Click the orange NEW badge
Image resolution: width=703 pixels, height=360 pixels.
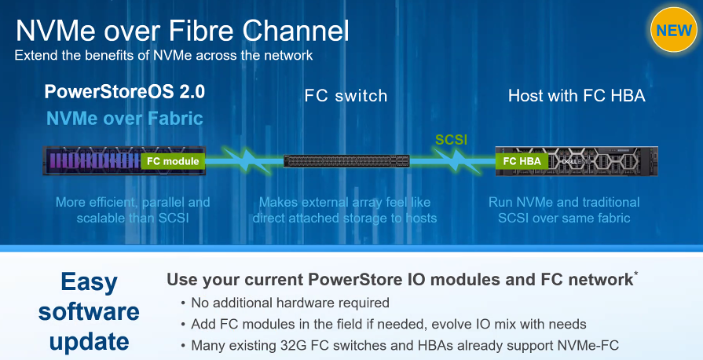(x=673, y=31)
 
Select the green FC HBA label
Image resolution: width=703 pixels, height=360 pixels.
(x=522, y=161)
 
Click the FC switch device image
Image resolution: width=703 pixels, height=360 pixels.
(x=346, y=161)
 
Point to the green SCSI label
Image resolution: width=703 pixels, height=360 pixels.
(x=451, y=140)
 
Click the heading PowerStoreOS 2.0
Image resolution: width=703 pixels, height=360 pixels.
(x=125, y=91)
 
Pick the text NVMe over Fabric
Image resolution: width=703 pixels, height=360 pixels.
(x=125, y=119)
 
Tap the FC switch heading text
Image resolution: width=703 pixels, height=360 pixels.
(x=346, y=96)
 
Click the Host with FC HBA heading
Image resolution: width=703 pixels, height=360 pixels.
(x=577, y=96)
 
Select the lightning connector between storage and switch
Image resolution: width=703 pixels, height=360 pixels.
(x=244, y=161)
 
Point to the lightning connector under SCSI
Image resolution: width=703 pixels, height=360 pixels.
(x=452, y=161)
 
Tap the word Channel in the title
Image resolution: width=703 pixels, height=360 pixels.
(x=296, y=31)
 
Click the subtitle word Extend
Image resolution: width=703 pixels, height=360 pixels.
(x=36, y=55)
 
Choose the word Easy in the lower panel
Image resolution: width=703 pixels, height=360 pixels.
(x=90, y=282)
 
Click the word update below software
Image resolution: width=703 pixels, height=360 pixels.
(x=90, y=343)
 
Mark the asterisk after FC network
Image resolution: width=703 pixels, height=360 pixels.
(x=635, y=274)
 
